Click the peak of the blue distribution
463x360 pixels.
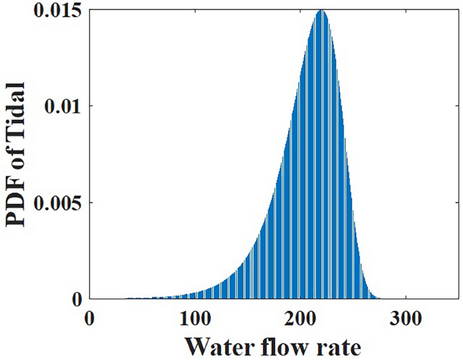click(x=321, y=11)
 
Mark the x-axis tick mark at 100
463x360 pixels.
click(x=195, y=297)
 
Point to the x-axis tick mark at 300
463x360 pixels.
click(x=406, y=297)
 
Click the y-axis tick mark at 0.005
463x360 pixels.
click(x=92, y=203)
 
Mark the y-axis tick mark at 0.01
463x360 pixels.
click(x=92, y=107)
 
